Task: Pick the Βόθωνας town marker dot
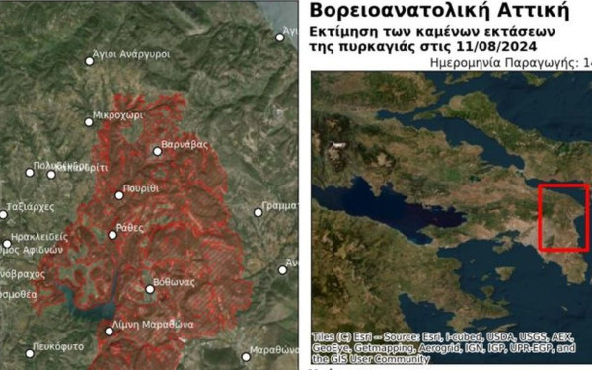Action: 150,289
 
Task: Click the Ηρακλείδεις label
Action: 38,238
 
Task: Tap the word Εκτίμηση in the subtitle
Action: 346,31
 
